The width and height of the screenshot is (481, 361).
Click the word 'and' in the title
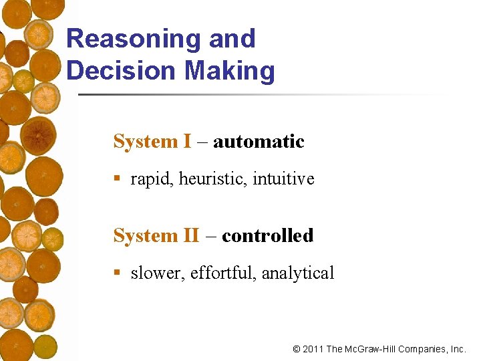[x=232, y=39]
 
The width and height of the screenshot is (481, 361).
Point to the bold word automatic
[x=259, y=142]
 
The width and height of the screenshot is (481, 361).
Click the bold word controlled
[x=267, y=236]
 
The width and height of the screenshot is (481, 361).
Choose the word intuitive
[x=283, y=179]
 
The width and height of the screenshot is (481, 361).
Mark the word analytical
[x=298, y=273]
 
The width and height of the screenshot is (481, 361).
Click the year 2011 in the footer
[x=313, y=349]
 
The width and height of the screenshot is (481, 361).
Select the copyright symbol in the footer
[x=297, y=349]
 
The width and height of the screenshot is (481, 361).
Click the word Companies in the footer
[x=423, y=349]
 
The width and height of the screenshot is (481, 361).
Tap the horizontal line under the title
[x=261, y=94]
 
